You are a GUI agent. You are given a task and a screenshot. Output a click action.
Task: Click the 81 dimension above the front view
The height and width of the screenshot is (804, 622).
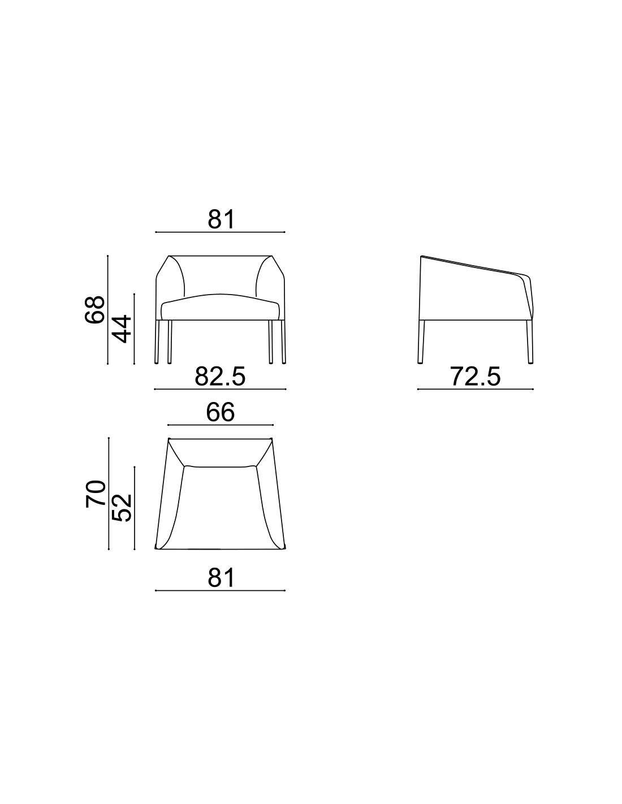(221, 219)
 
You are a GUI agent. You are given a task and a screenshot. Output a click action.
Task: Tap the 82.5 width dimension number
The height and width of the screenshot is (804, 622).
(220, 377)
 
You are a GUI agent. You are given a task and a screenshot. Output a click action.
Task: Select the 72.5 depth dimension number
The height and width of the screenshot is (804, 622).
(475, 377)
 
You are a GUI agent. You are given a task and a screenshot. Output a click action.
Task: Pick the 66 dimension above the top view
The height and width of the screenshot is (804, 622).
(220, 412)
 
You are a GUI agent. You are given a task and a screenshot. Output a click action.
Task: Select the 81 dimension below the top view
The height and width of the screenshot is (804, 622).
(221, 578)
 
